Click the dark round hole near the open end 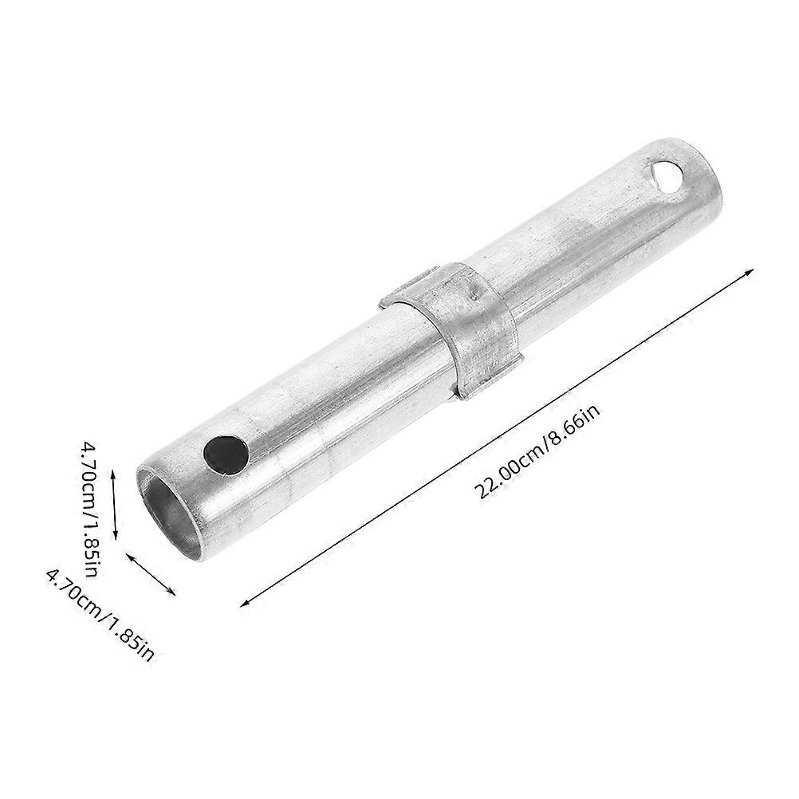[224, 455]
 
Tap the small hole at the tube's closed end [665, 171]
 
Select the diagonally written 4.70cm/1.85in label [100, 613]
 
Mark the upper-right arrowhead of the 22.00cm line [750, 273]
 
